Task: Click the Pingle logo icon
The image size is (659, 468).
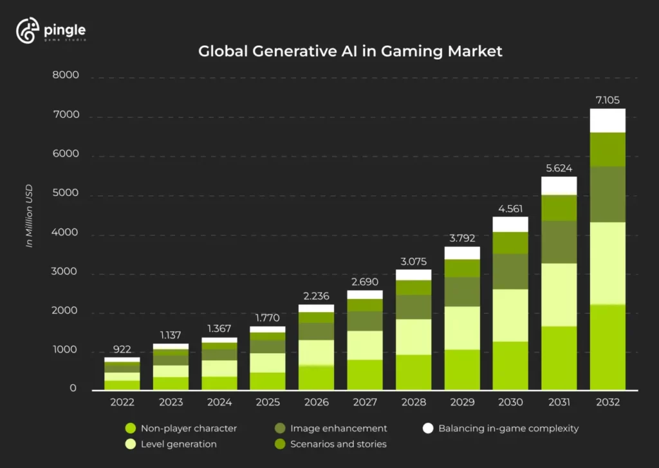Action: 28,31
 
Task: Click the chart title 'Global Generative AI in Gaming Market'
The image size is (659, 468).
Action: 350,52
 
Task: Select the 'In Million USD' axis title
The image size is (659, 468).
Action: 29,217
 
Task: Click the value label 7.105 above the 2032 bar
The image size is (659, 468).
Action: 608,100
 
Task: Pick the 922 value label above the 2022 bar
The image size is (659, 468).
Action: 122,349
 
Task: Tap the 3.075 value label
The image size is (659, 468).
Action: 413,261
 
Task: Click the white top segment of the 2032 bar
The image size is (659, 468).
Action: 608,121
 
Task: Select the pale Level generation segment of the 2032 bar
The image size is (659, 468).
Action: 608,263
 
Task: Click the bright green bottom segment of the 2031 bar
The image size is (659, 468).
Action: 559,358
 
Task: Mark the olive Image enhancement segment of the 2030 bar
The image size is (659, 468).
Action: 510,271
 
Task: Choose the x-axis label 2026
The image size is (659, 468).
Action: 316,402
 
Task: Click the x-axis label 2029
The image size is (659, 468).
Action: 461,402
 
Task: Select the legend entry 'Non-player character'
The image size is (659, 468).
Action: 189,428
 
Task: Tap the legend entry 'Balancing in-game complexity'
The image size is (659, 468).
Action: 508,428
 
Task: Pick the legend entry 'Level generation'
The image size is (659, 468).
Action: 178,444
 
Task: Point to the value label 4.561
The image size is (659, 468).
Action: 510,208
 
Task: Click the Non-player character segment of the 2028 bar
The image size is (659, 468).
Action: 413,372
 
